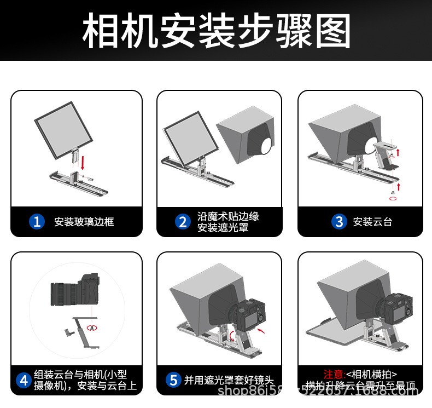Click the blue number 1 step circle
(x=37, y=221)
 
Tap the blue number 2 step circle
(x=182, y=221)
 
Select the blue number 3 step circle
(x=339, y=221)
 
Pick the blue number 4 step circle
(x=23, y=380)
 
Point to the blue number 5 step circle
(x=173, y=380)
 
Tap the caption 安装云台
(x=372, y=222)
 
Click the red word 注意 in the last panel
(x=333, y=374)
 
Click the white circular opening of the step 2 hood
(x=266, y=144)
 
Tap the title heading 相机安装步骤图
(x=216, y=31)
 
